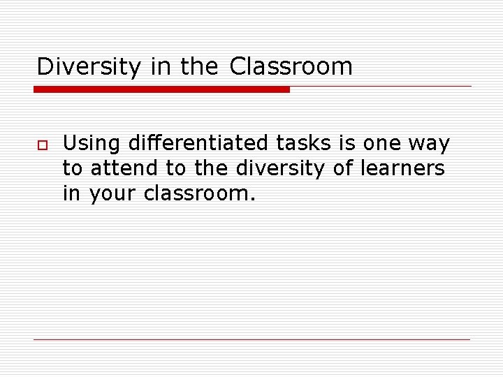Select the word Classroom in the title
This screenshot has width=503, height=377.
click(x=291, y=67)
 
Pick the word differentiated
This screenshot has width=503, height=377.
click(x=194, y=144)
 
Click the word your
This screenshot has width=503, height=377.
click(x=112, y=194)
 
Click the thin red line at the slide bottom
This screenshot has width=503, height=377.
click(x=251, y=339)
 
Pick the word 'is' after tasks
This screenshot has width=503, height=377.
click(x=347, y=144)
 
